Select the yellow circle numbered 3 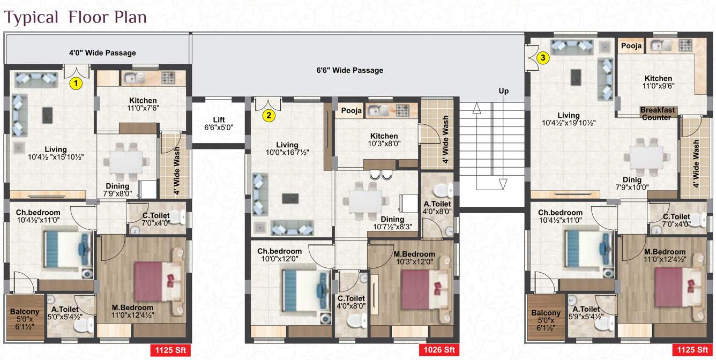[543, 57]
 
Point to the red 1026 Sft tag [439, 350]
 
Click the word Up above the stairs [504, 91]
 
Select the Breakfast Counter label [657, 114]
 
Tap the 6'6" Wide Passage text [350, 70]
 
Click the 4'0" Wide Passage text [102, 53]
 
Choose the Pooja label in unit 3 [631, 47]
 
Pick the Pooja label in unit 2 [351, 111]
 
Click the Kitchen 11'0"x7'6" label [143, 104]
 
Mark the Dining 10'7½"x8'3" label [392, 223]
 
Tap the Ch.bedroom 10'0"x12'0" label [279, 255]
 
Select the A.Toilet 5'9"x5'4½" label [586, 313]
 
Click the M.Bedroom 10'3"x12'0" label [414, 258]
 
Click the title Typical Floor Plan [76, 17]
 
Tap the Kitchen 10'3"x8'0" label [384, 140]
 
